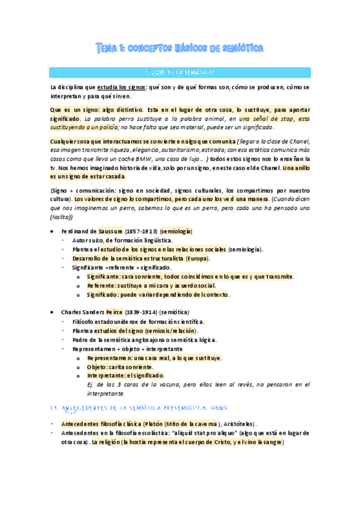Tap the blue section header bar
point(180,72)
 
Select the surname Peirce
point(114,313)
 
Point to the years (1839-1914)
point(141,313)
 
